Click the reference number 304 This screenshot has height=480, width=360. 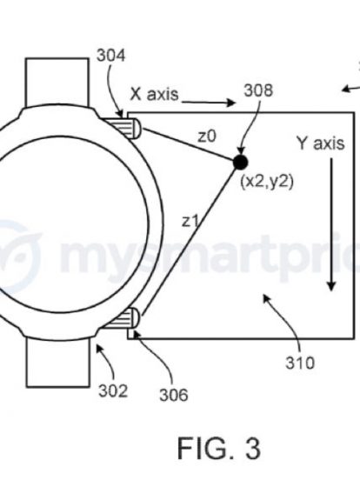click(110, 56)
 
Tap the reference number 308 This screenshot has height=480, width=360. click(258, 90)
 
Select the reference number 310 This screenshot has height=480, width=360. click(300, 363)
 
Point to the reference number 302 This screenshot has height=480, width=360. click(113, 391)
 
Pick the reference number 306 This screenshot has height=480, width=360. click(174, 395)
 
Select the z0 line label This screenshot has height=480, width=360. click(207, 137)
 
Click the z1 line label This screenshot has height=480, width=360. click(190, 221)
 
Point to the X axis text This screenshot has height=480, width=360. click(154, 94)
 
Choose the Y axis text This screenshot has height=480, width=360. click(321, 143)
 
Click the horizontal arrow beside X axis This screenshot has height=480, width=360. click(209, 103)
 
